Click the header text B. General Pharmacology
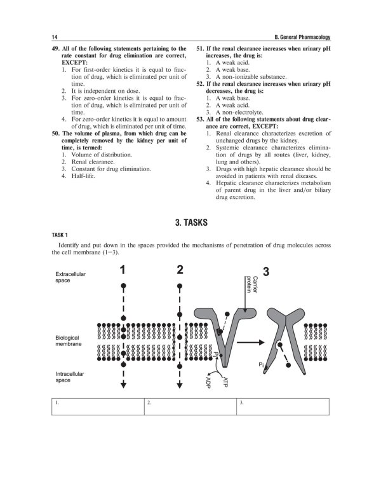point(297,36)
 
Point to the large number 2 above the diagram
point(180,270)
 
